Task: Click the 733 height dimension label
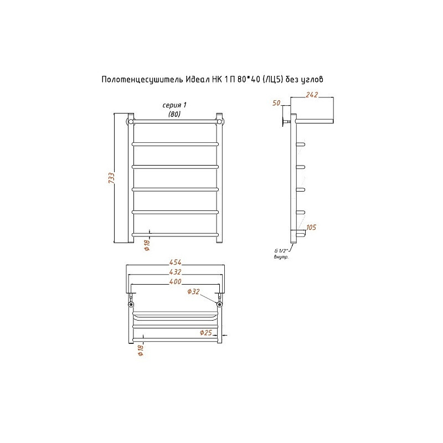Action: pyautogui.click(x=112, y=178)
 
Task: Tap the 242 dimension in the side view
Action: pyautogui.click(x=312, y=95)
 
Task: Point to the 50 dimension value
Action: pyautogui.click(x=276, y=103)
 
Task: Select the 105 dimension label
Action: pyautogui.click(x=311, y=227)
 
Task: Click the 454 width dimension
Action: pyautogui.click(x=175, y=262)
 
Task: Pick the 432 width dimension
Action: pyautogui.click(x=175, y=272)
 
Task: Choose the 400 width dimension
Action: pyautogui.click(x=175, y=281)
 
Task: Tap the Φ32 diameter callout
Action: pyautogui.click(x=193, y=291)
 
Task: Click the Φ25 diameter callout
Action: pyautogui.click(x=205, y=333)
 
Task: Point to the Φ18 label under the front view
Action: pyautogui.click(x=147, y=245)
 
